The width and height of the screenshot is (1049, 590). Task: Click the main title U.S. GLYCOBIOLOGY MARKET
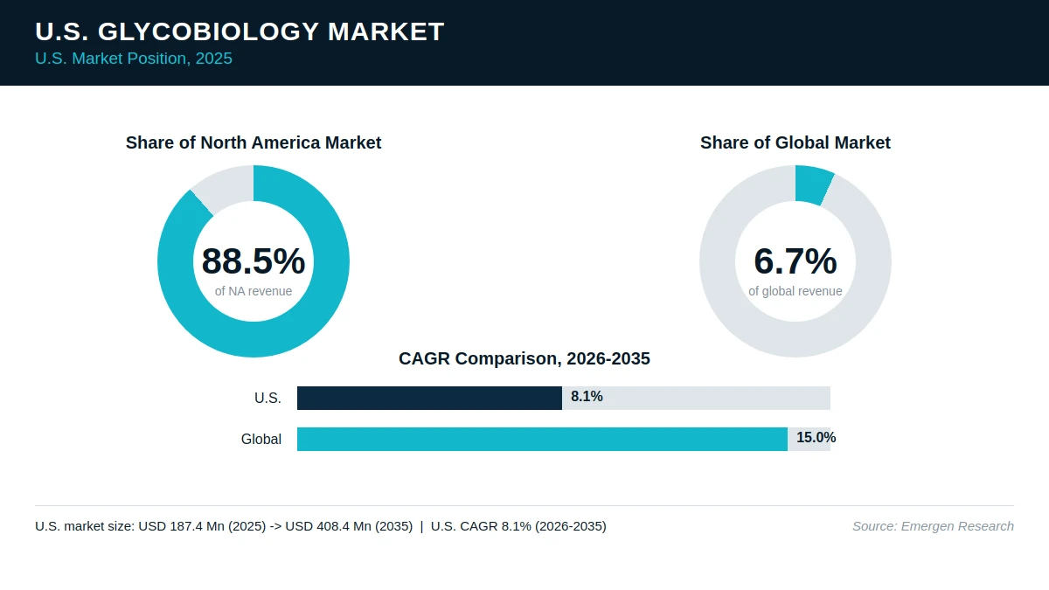(240, 31)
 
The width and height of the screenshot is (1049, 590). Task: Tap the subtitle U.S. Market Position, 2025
(134, 59)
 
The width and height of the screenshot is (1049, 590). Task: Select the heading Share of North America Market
(254, 142)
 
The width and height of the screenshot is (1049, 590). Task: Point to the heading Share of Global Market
(795, 142)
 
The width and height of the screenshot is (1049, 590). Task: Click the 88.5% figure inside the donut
(254, 260)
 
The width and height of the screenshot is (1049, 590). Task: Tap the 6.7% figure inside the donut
(795, 260)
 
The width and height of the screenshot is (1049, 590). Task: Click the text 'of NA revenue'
(254, 291)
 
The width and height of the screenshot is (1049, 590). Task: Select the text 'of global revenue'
(795, 291)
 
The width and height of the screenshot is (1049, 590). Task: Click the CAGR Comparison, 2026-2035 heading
(524, 358)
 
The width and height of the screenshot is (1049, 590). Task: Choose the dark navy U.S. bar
(429, 398)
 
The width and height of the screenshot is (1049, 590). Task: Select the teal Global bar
(542, 439)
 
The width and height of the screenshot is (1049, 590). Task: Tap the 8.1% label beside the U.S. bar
(587, 397)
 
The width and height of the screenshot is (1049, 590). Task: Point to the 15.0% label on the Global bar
(816, 438)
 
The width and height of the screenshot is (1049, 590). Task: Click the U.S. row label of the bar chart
(267, 398)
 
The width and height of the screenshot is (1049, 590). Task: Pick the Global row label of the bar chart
(261, 439)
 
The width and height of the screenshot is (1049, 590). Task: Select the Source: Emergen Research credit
(933, 526)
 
